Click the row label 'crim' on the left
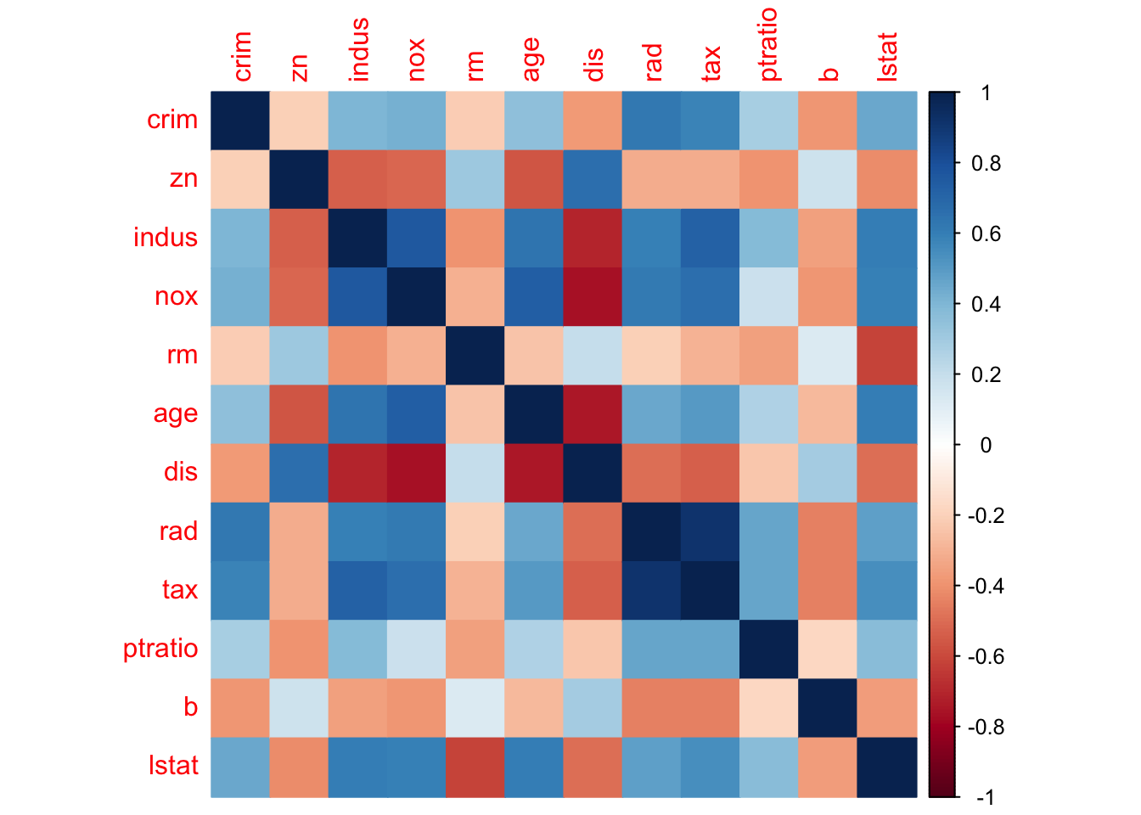pos(172,120)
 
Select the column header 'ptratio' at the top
pos(768,44)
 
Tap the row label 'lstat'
pos(173,766)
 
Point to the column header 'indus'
pos(359,49)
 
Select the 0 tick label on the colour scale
pos(985,445)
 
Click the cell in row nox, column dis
pos(593,296)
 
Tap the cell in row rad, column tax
pos(711,531)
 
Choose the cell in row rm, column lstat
pos(887,355)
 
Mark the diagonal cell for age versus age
pos(534,413)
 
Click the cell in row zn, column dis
pos(593,178)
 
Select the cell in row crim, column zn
pos(299,120)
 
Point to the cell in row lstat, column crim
pos(240,767)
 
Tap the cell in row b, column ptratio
pos(769,708)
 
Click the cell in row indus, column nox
pos(416,238)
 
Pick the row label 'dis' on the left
pos(180,472)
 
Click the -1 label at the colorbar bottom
pos(985,797)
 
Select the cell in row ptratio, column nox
pos(416,649)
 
